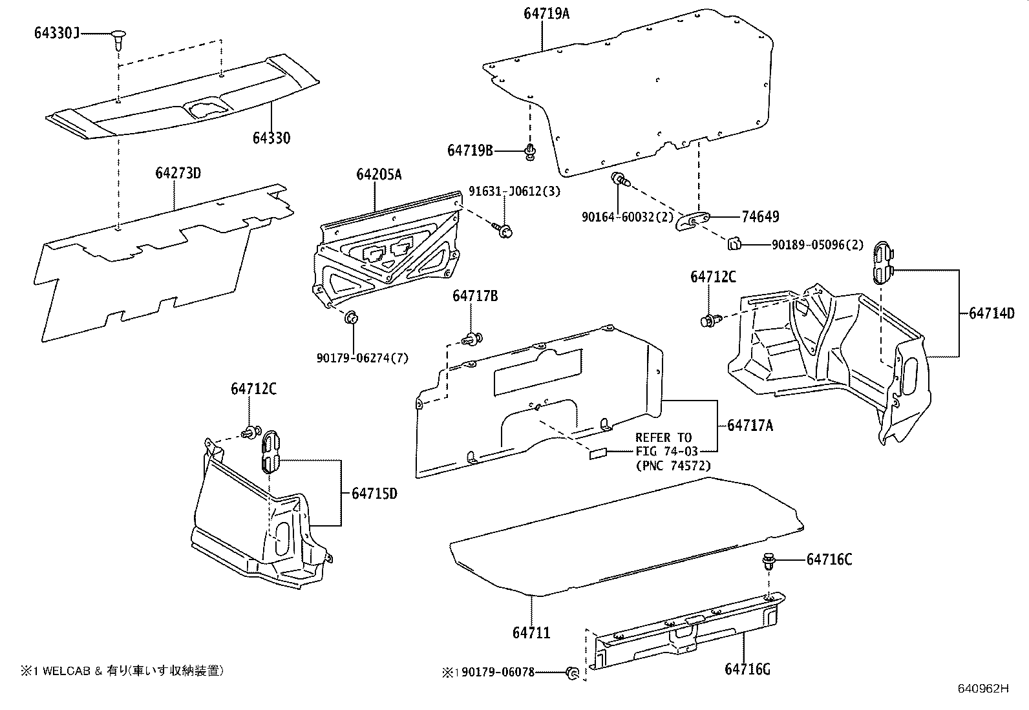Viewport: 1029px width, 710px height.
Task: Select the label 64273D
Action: [x=178, y=173]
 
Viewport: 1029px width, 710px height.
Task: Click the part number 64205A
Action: [x=378, y=174]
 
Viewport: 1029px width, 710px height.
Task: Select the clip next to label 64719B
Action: [x=530, y=151]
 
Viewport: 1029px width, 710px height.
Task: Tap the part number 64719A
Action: [x=546, y=13]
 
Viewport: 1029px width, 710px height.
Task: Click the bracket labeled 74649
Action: [x=692, y=222]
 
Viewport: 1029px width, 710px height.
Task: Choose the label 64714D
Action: [x=992, y=313]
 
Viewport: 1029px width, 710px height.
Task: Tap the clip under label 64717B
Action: [x=472, y=338]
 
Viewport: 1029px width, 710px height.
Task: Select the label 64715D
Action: [x=374, y=494]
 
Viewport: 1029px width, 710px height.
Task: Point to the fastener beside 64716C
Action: [x=769, y=559]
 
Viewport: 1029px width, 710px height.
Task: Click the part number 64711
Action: [x=531, y=632]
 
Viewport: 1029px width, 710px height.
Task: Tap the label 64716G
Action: [x=747, y=669]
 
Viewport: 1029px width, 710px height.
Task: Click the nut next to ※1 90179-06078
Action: [x=571, y=673]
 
